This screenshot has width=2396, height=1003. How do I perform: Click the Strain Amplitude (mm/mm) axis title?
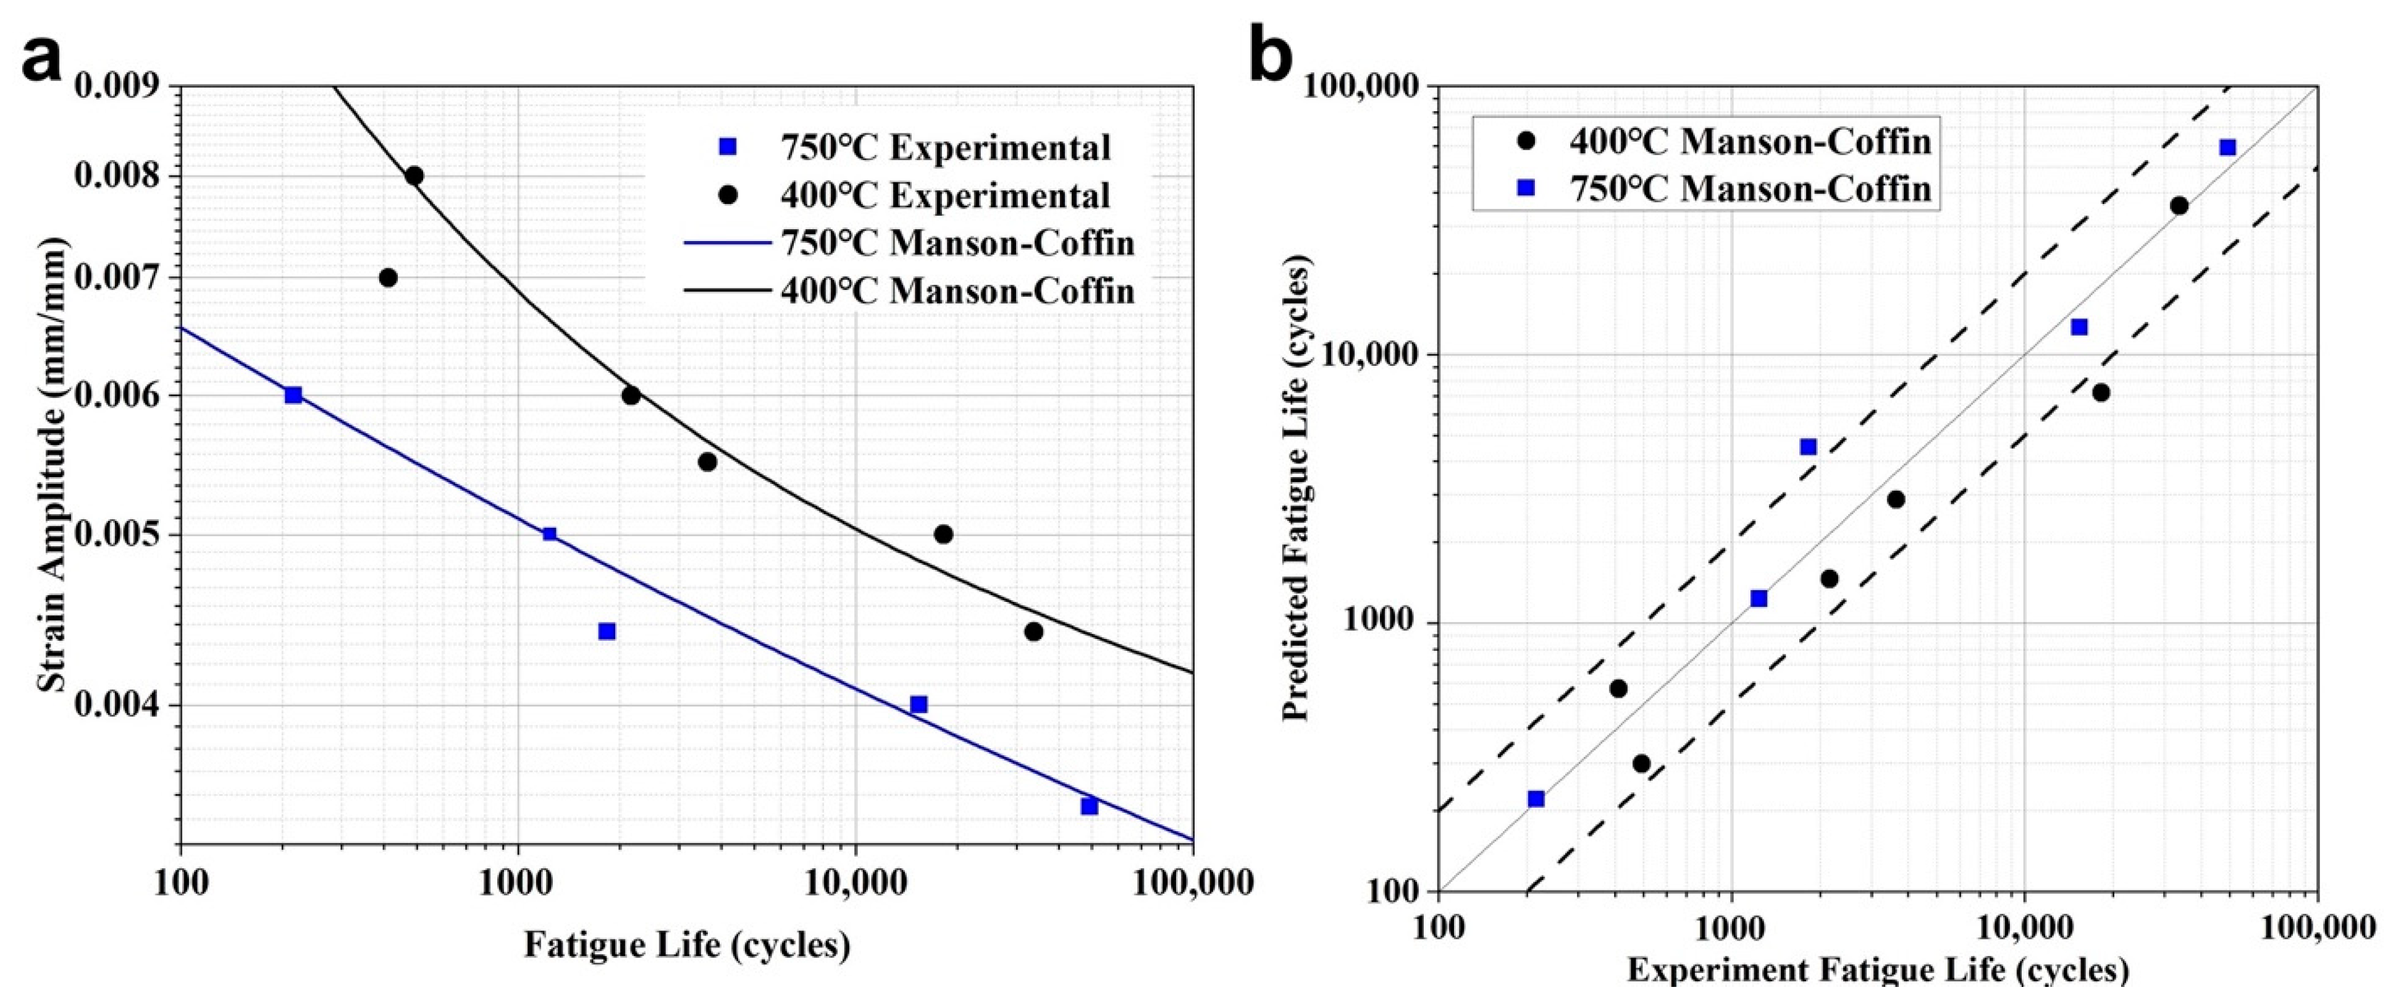point(53,465)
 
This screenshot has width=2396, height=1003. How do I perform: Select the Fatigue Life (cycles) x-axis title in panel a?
point(686,944)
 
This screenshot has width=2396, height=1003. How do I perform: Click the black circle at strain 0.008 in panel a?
point(414,176)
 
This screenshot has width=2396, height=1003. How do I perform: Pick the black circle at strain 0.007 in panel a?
point(389,277)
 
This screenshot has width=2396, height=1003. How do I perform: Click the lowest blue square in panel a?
point(1089,806)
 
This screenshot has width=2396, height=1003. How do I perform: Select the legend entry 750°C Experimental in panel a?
point(944,147)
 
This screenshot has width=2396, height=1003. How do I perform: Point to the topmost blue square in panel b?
point(2227,148)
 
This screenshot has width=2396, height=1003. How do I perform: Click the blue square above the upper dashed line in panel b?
point(1808,447)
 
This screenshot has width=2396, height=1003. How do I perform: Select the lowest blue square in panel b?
point(1537,799)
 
